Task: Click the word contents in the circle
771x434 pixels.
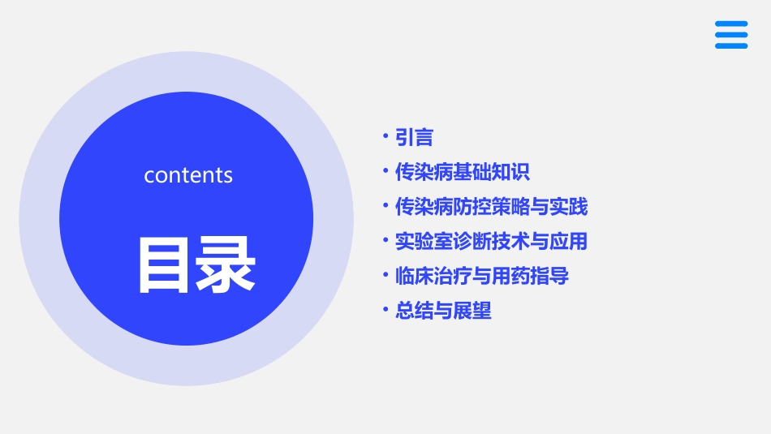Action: [x=188, y=175]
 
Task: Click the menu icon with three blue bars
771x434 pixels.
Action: [x=730, y=35]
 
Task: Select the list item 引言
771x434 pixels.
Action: [x=414, y=138]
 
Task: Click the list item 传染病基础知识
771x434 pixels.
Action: [x=462, y=172]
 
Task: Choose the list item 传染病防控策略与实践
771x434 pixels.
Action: [x=491, y=207]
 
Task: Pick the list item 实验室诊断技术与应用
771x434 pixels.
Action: [x=491, y=241]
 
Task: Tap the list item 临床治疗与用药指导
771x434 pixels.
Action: [x=481, y=276]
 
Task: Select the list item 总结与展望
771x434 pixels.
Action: [x=443, y=311]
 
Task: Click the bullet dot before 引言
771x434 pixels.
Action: [x=386, y=137]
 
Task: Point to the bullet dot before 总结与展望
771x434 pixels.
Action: [x=386, y=310]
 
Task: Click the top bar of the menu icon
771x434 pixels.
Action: [x=730, y=24]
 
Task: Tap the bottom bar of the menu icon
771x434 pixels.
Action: [x=730, y=46]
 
